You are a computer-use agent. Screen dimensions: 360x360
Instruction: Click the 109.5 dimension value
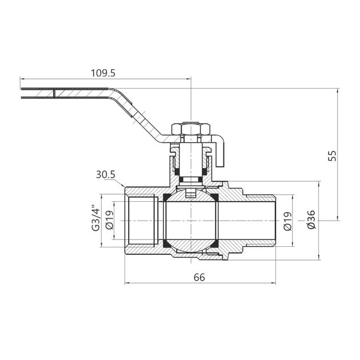[103, 73]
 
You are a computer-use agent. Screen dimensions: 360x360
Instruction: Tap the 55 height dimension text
[332, 155]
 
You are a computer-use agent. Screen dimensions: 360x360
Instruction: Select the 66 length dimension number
[199, 277]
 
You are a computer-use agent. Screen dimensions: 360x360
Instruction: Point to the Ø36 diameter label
[311, 219]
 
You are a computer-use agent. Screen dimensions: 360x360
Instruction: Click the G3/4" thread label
[96, 218]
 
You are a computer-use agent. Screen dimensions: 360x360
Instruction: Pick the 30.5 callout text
[105, 175]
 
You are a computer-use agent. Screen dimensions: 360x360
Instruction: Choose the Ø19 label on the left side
[110, 220]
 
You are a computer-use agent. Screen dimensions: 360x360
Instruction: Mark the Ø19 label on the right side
[287, 221]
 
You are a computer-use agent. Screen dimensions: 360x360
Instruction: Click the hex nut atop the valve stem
[191, 129]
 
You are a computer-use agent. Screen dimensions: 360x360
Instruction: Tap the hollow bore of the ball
[191, 221]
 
